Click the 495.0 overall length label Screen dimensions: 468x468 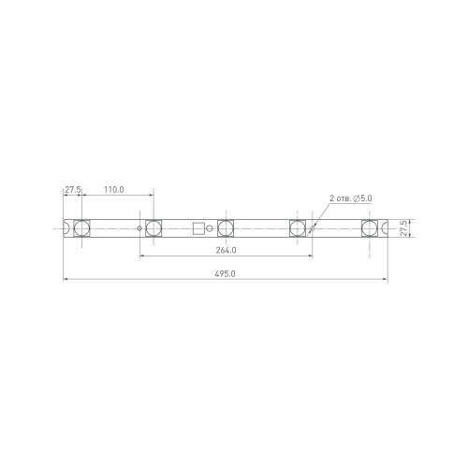coord(225,274)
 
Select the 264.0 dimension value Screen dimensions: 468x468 coord(226,250)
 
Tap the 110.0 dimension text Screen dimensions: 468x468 coord(113,190)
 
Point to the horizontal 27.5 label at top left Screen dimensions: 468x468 coord(73,190)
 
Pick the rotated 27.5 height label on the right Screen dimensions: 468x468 coord(403,228)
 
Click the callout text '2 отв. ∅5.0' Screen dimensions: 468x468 coord(351,198)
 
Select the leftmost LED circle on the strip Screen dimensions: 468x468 coord(81,228)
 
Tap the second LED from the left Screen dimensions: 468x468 coord(154,228)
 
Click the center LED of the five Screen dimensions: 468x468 coord(226,228)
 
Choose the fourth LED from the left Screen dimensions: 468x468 coord(298,228)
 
